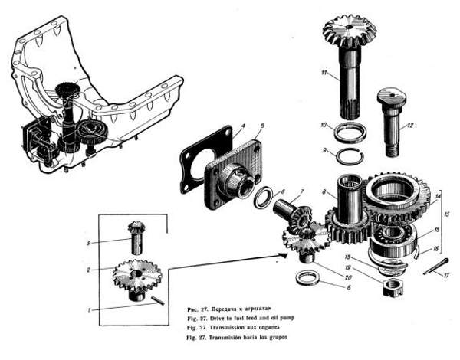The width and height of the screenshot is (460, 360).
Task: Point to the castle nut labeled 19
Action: [391, 287]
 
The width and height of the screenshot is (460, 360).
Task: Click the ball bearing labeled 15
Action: [398, 233]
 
